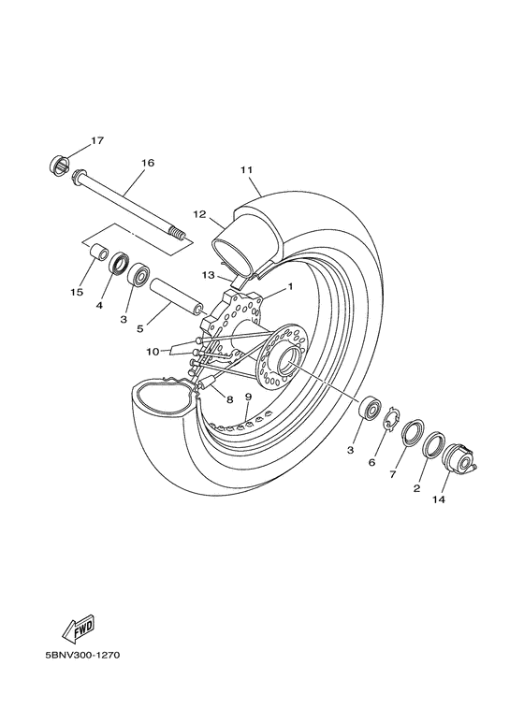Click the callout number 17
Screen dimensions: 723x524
pos(97,141)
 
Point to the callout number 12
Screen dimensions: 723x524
pos(199,214)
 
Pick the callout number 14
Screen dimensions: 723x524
pos(439,499)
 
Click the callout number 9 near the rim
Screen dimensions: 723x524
pos(248,397)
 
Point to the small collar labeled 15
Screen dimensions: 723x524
pos(95,253)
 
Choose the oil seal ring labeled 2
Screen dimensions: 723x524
pos(433,444)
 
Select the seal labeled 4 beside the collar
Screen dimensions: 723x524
pos(120,264)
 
